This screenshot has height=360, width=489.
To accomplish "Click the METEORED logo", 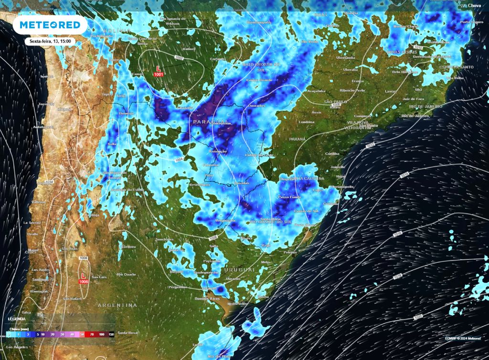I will (x=50, y=25).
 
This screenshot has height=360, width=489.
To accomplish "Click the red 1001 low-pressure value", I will (x=159, y=74).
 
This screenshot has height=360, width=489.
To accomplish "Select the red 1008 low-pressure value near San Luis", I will (x=84, y=282).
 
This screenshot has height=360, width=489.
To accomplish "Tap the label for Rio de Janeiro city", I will (x=415, y=116).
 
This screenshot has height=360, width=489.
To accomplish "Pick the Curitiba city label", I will (x=332, y=154).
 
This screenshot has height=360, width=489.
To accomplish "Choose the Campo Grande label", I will (x=259, y=80).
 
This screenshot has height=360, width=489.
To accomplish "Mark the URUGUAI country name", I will (x=240, y=270).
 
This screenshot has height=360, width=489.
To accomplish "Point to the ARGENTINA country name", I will (x=117, y=305).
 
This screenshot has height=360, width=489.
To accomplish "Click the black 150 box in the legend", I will (x=111, y=335).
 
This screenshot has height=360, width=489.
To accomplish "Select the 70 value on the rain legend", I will (x=92, y=335).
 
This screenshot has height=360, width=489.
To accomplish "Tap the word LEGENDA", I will (x=17, y=318).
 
